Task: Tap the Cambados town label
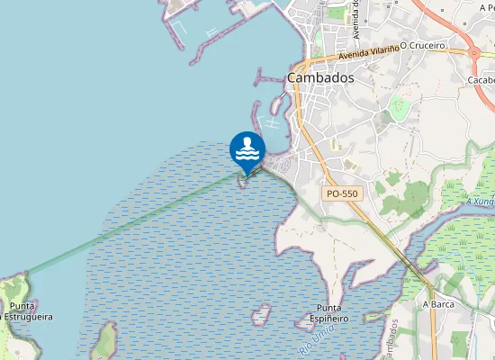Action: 320,77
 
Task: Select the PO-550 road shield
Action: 342,193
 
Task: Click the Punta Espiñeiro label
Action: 326,313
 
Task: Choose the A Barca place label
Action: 438,304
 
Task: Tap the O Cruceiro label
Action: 422,44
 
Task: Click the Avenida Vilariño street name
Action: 367,53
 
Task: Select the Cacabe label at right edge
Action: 480,79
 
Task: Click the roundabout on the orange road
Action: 474,52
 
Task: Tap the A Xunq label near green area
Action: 481,202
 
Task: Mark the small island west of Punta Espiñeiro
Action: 261,315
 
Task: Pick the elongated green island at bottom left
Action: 105,342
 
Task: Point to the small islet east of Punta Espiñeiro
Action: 373,317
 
